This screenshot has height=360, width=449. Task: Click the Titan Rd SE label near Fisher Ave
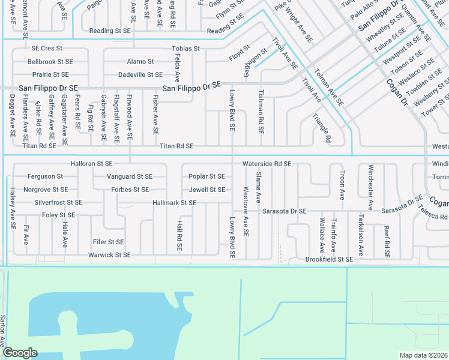click(x=176, y=146)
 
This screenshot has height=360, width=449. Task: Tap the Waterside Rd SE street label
click(x=267, y=163)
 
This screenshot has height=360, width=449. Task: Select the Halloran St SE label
click(x=91, y=163)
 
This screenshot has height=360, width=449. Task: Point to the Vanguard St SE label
click(x=130, y=176)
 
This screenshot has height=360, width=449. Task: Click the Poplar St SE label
click(x=206, y=176)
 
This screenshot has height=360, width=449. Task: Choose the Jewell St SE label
click(x=207, y=190)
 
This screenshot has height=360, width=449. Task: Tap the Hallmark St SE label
click(x=174, y=203)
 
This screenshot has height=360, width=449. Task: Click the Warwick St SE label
click(x=109, y=255)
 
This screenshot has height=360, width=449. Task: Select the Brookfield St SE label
click(x=329, y=259)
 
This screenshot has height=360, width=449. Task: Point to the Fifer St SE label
click(x=108, y=242)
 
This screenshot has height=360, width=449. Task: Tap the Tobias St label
click(x=185, y=48)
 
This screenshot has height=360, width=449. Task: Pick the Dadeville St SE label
click(x=140, y=74)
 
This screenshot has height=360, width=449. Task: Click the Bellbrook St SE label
click(x=50, y=61)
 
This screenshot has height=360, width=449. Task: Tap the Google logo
click(x=20, y=353)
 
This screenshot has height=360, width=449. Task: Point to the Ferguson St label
click(x=45, y=176)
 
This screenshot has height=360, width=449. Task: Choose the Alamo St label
click(x=140, y=61)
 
